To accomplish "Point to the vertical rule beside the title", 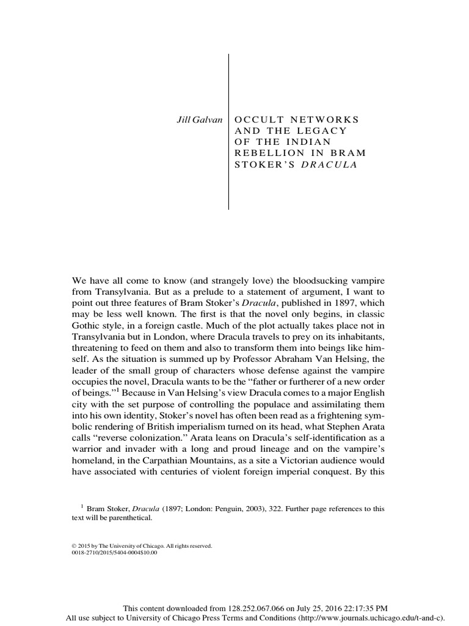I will [x=228, y=131].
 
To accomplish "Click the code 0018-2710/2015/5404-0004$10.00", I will [x=114, y=552].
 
